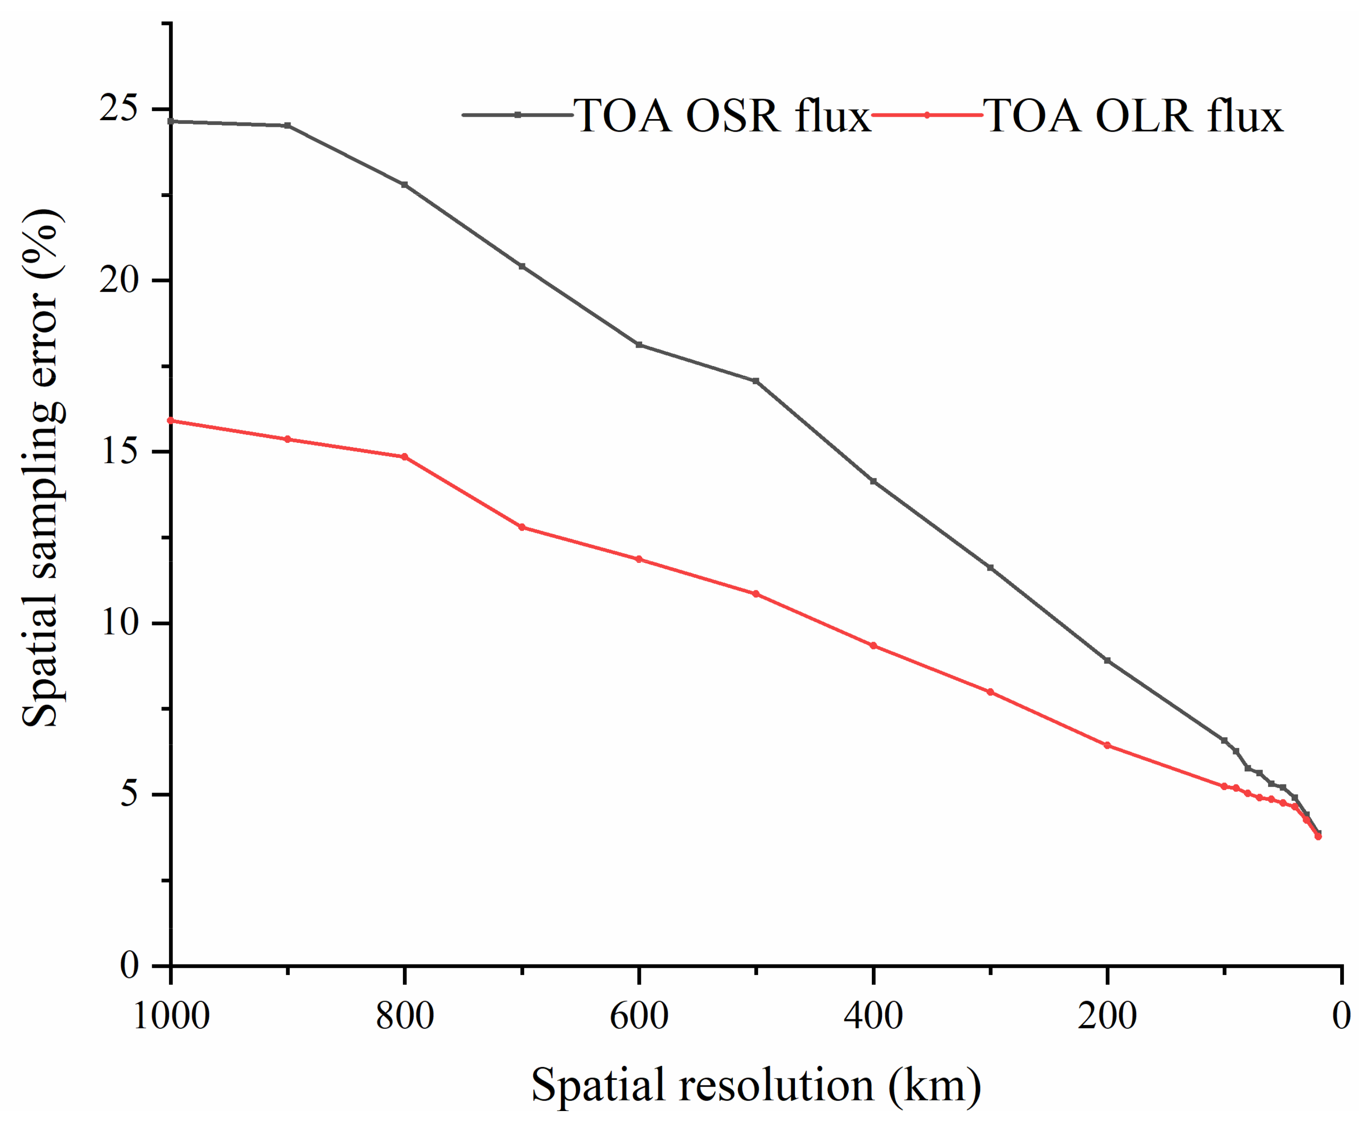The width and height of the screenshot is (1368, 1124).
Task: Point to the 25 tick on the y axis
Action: pos(119,109)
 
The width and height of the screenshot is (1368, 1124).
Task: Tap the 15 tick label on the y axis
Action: pos(119,452)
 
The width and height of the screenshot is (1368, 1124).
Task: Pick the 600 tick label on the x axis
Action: pos(639,1015)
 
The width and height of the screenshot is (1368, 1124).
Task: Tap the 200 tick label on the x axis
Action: pos(1107,1015)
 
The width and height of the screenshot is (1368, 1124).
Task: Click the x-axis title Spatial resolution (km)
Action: pos(756,1085)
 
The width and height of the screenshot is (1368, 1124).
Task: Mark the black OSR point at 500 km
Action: pos(756,381)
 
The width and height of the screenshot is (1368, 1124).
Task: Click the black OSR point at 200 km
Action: pos(1107,660)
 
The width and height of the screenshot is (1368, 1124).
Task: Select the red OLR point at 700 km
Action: pos(522,527)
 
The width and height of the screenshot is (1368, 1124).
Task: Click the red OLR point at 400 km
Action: pos(873,646)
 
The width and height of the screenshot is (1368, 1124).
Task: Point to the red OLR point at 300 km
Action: pos(990,692)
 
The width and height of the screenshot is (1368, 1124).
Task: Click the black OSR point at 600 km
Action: pos(639,344)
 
